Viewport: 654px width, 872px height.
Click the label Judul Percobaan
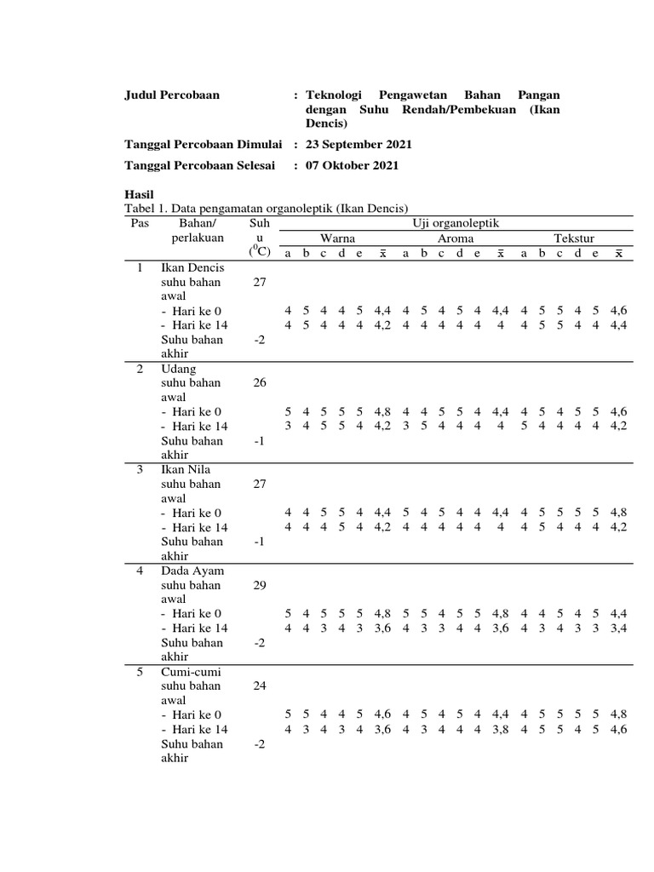point(172,95)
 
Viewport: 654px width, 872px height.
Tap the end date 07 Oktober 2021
point(352,165)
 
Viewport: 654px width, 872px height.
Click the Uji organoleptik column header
point(452,223)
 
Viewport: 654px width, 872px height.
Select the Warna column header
point(337,238)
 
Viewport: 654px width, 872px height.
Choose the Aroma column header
point(456,238)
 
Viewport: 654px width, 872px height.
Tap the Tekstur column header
point(574,238)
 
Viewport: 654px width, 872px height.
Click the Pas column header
point(140,223)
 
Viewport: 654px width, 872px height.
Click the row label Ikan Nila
point(186,469)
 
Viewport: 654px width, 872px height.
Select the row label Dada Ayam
point(192,571)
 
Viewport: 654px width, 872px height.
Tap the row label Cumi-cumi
point(190,672)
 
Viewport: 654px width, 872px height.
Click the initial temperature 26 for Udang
point(260,383)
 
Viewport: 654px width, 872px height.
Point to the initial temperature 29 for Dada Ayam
point(260,585)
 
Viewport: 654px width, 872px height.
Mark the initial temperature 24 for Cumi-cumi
point(260,686)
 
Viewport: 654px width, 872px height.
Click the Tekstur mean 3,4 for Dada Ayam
point(619,628)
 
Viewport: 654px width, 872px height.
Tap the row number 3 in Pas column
point(141,469)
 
